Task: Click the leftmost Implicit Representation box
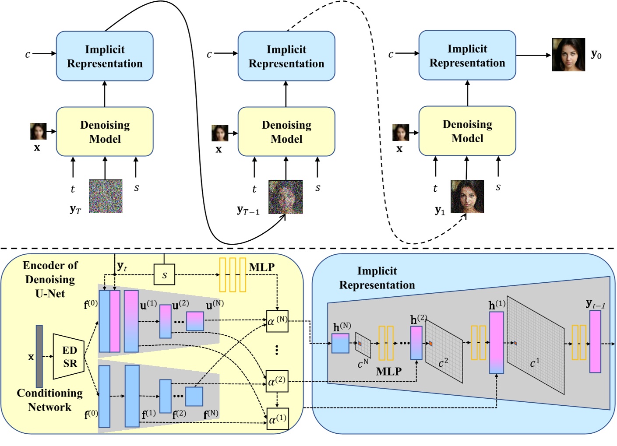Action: [105, 56]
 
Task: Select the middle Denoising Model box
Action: [286, 131]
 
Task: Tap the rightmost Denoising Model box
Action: [467, 131]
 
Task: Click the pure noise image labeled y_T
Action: [106, 196]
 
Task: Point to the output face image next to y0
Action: [568, 55]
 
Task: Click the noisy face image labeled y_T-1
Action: [286, 197]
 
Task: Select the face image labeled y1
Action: [467, 197]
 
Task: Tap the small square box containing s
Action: [164, 275]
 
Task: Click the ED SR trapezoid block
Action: [68, 357]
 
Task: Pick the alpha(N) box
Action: [277, 321]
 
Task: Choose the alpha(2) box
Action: [277, 381]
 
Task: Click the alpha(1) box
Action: [277, 419]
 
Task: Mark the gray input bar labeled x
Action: [39, 356]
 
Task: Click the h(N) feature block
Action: [340, 344]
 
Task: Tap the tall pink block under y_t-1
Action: [595, 341]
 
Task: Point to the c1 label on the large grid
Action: [535, 363]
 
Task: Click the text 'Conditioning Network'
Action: [49, 400]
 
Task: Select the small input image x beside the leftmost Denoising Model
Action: [38, 131]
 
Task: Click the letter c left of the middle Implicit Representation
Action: [209, 54]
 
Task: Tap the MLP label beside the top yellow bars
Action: [261, 267]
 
